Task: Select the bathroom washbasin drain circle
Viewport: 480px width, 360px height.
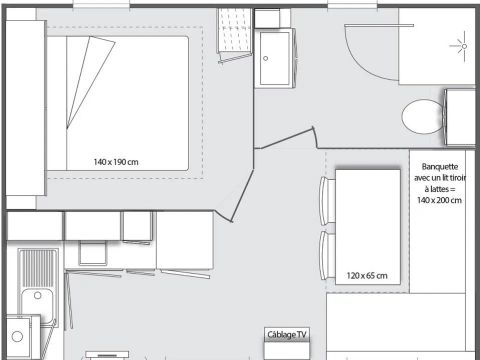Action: point(266,58)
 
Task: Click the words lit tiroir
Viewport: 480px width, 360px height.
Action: point(445,179)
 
